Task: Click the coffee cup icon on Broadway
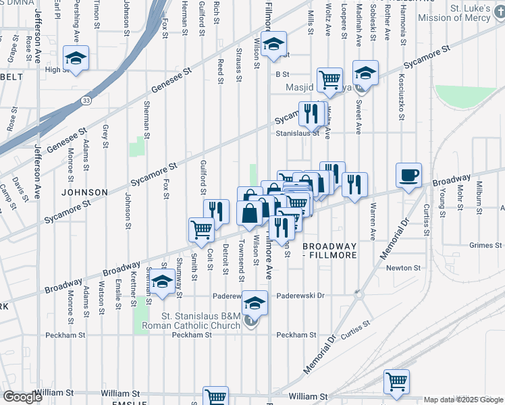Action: click(x=409, y=176)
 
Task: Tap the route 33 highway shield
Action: click(x=86, y=101)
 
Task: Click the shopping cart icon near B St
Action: click(x=329, y=79)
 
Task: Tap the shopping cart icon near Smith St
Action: click(x=201, y=230)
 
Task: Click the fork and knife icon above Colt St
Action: click(x=216, y=211)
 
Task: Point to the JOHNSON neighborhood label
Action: click(x=84, y=192)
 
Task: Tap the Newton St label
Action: click(x=404, y=268)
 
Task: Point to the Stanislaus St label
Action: click(x=297, y=134)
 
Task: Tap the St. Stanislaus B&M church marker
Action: click(x=251, y=321)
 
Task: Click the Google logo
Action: click(x=22, y=397)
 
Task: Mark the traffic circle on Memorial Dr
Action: click(x=358, y=294)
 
